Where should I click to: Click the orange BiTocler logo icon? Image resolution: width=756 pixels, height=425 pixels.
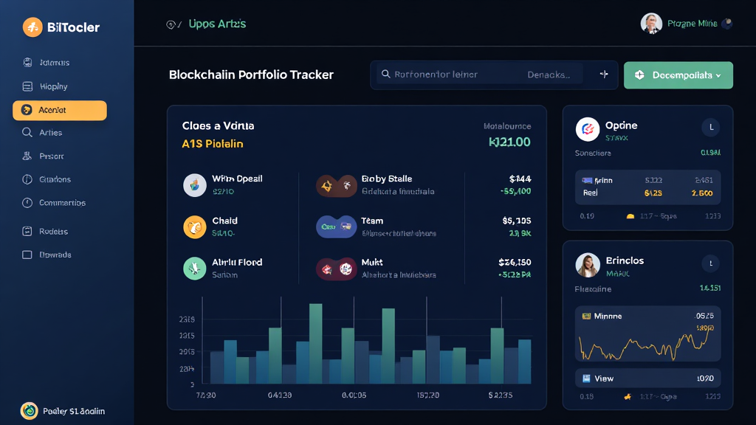coord(32,27)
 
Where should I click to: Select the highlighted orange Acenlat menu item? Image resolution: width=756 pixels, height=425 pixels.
coord(60,110)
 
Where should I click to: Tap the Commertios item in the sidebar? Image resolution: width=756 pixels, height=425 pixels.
coord(62,203)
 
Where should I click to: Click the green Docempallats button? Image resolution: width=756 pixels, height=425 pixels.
coord(678,75)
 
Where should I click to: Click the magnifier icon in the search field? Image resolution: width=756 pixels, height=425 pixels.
coord(385,75)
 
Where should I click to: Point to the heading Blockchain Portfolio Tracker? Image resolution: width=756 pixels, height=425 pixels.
coord(251,75)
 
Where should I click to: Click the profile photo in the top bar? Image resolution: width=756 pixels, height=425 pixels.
coord(651,24)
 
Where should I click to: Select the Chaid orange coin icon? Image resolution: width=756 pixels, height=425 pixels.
coord(195,227)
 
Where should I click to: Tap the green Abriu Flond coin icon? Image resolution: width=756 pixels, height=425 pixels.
coord(195,268)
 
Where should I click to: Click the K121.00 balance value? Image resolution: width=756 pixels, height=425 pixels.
coord(509,142)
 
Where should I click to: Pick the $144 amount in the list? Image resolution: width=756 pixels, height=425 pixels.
coord(520,179)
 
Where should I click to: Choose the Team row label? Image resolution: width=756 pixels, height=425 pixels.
coord(372,221)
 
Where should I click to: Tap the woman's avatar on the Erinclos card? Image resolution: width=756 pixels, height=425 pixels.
coord(587,265)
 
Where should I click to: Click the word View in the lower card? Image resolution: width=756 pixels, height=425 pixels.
coord(604,379)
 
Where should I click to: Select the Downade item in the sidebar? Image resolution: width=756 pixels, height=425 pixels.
coord(55,255)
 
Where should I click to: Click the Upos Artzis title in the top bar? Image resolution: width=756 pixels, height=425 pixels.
coord(217,24)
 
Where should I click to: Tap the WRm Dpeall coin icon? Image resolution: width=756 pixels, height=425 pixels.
coord(195,184)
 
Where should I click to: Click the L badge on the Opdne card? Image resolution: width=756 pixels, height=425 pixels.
coord(711,128)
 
